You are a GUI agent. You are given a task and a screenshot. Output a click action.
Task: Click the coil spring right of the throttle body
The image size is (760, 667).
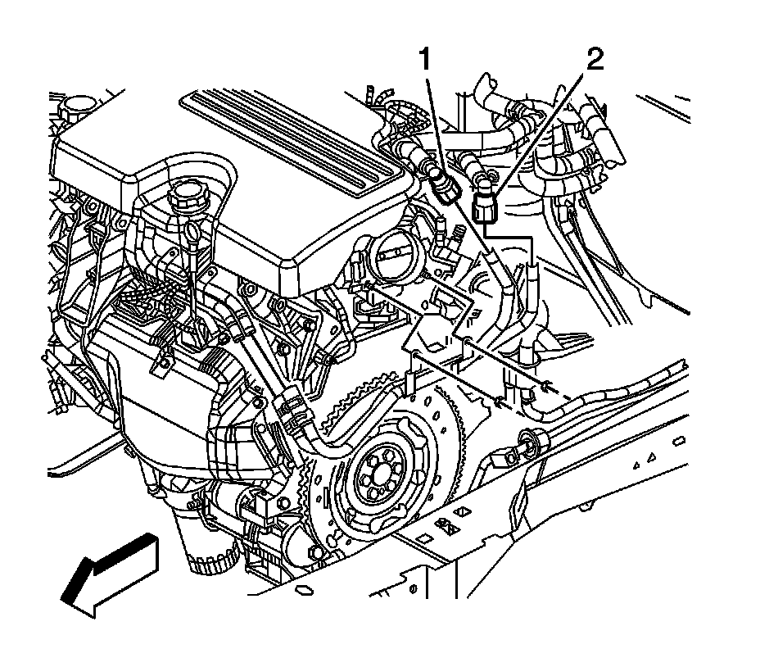click(x=457, y=237)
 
